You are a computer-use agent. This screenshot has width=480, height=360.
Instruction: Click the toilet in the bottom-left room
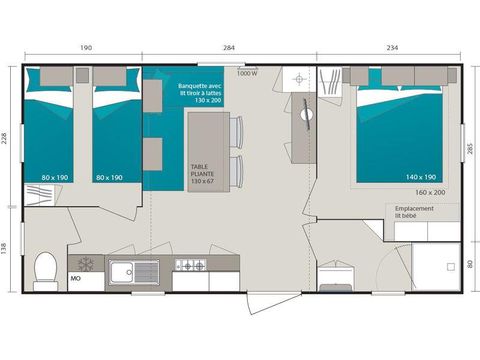click(45, 269)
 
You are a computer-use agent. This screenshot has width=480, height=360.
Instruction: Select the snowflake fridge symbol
click(85, 264)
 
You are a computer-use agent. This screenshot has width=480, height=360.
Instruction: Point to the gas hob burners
click(190, 265)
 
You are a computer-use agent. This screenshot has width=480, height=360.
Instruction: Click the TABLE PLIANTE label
click(203, 173)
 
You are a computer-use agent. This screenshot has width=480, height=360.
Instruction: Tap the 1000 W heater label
click(247, 73)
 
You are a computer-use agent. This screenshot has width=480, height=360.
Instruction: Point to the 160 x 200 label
click(430, 191)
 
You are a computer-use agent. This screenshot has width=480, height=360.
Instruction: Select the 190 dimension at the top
click(86, 47)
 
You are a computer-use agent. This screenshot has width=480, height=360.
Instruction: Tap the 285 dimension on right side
click(470, 150)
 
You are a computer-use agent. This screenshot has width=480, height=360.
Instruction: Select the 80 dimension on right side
click(470, 264)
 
